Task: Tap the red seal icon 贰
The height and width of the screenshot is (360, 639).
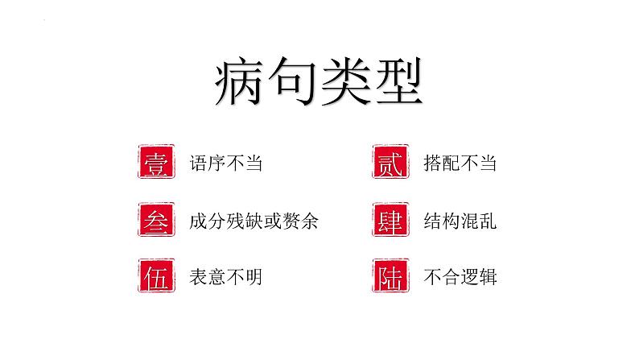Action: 390,162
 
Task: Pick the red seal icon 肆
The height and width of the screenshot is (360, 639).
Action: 390,220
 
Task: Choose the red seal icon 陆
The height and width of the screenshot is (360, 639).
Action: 390,277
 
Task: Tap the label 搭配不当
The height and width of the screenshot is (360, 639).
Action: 460,163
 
